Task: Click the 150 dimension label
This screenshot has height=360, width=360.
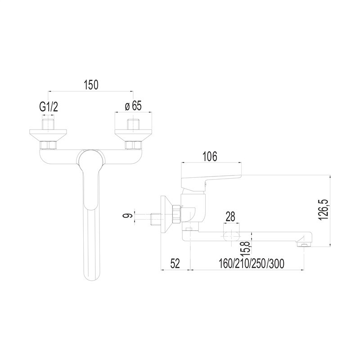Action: (91, 85)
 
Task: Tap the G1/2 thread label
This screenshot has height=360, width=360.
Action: (49, 107)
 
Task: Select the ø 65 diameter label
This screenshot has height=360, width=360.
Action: (133, 106)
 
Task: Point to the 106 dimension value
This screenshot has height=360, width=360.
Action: (210, 157)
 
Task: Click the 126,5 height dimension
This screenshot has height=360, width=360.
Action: (324, 210)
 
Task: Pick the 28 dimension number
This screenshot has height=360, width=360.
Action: (230, 217)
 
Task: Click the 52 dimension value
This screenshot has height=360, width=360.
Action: (175, 264)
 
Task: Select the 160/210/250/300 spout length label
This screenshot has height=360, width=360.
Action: (252, 264)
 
